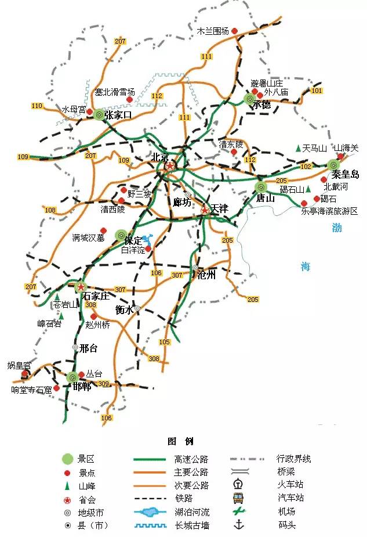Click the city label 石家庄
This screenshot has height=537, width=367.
(97, 296)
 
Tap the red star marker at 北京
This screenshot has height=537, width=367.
(169, 166)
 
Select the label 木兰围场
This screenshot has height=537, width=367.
(213, 31)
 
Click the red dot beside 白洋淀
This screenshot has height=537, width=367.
(148, 249)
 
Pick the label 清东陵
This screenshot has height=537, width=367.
(231, 144)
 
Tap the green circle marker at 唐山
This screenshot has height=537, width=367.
(261, 187)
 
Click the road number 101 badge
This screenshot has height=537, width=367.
(317, 91)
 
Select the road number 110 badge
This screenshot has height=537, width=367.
(38, 106)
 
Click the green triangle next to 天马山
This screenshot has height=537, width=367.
(298, 149)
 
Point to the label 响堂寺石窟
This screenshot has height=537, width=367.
(31, 390)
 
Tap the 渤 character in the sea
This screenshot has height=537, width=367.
(337, 228)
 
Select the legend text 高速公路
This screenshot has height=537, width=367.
(191, 459)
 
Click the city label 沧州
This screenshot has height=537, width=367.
(206, 275)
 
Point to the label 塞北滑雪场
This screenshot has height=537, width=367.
(115, 92)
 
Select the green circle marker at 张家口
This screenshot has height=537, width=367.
(99, 115)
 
